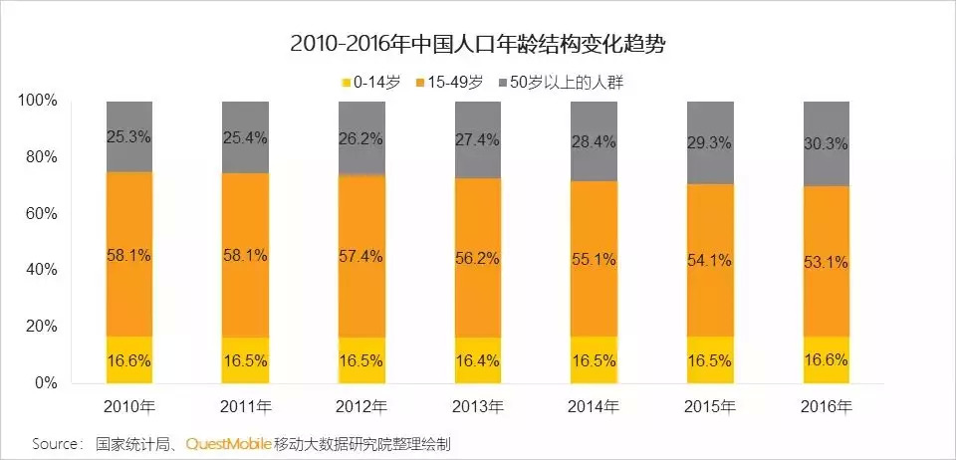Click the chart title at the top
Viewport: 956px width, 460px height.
click(x=478, y=44)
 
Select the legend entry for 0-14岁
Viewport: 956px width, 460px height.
click(x=373, y=82)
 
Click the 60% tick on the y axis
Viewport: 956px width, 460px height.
click(x=43, y=214)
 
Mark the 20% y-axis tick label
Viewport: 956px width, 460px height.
click(x=43, y=327)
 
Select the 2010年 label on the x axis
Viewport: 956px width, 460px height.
click(x=129, y=406)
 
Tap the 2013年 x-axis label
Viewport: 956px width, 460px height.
click(x=477, y=406)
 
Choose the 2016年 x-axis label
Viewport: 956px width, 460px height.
click(x=825, y=406)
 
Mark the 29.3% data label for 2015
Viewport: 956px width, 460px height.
click(x=709, y=142)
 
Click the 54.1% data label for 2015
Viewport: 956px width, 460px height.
click(x=709, y=261)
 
